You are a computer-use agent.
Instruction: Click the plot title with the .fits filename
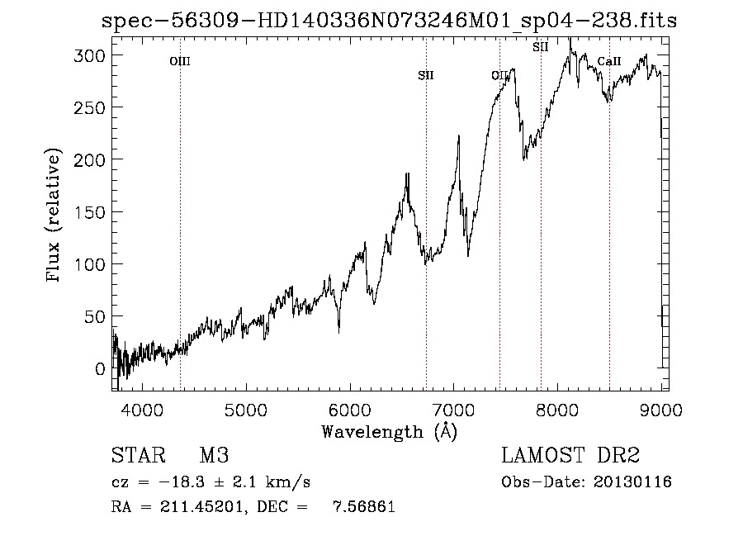point(389,21)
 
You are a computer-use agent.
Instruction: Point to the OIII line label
point(180,61)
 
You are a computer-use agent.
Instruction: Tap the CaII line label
point(609,61)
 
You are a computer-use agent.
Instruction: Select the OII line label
point(499,76)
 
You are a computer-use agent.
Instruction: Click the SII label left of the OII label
point(426,76)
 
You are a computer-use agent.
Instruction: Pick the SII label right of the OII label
point(541,47)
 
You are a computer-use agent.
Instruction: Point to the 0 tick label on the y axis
point(99,369)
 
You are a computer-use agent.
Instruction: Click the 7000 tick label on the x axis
point(453,408)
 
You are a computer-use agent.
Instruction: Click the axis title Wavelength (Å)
point(389,431)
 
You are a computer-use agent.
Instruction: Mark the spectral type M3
point(214,457)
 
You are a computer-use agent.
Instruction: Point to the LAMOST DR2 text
point(570,456)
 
